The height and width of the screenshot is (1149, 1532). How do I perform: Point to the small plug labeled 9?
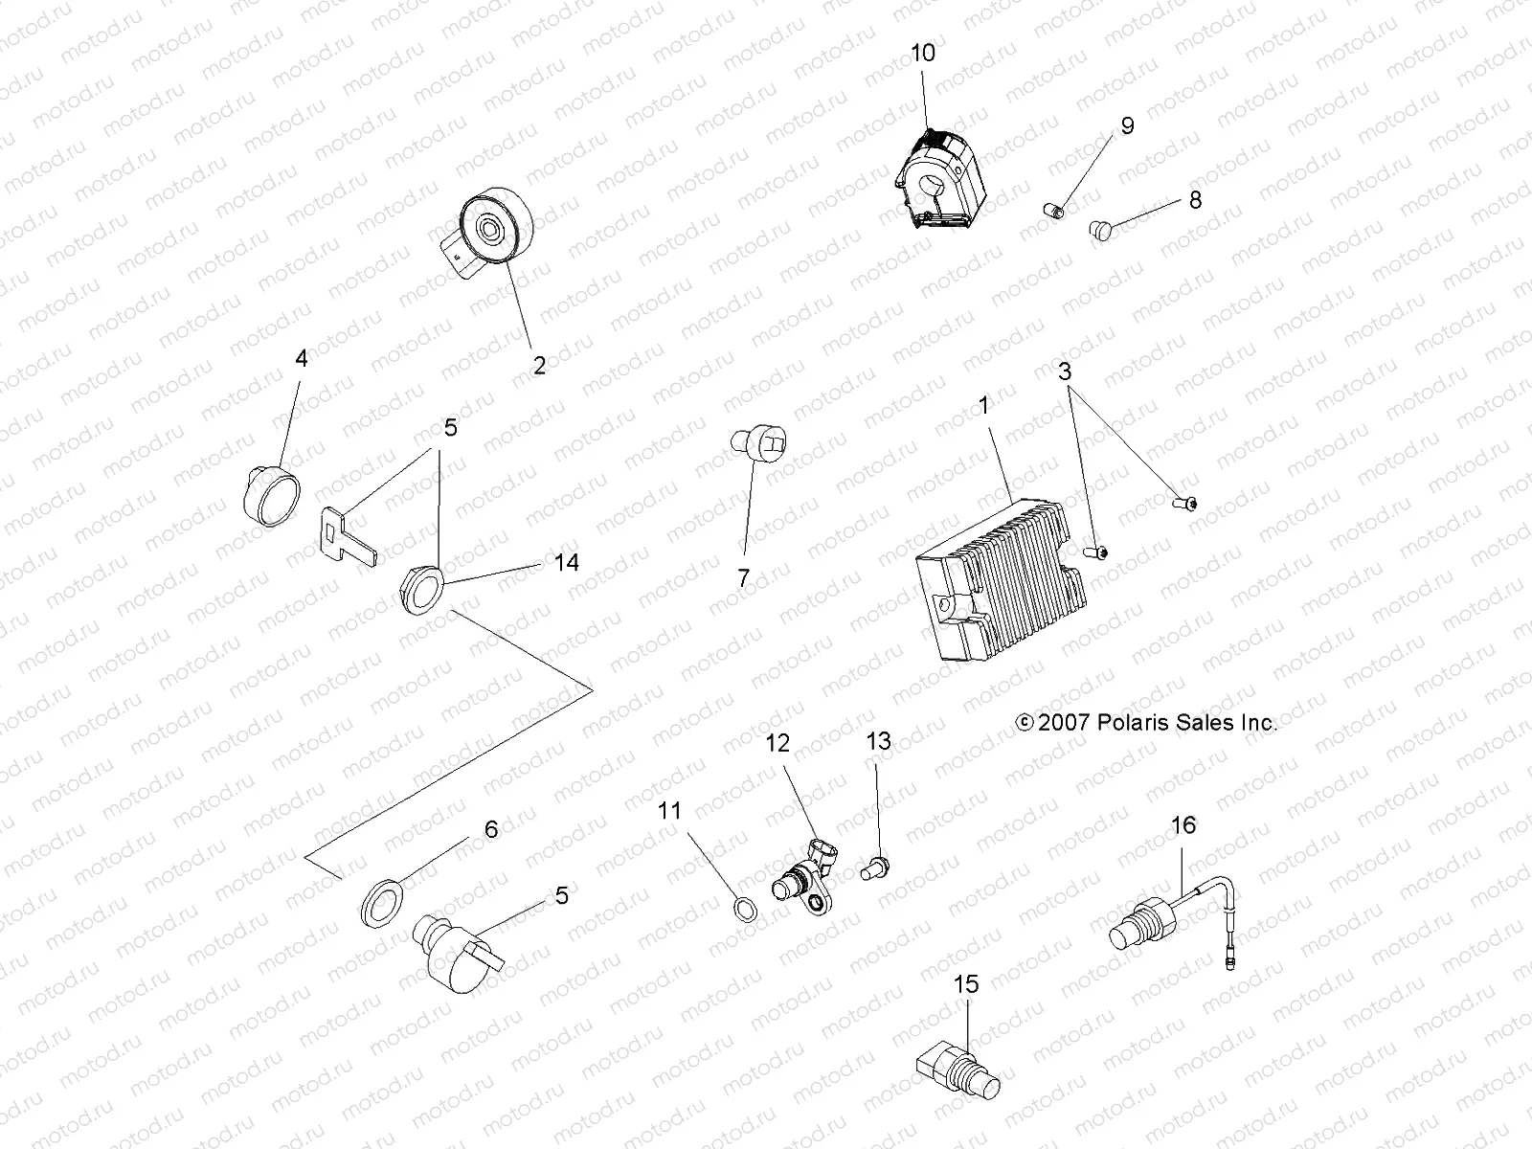[1053, 211]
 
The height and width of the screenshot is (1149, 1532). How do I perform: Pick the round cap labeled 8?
[1102, 230]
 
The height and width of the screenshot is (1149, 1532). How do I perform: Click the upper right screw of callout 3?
[1183, 501]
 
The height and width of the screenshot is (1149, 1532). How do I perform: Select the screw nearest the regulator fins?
[1097, 552]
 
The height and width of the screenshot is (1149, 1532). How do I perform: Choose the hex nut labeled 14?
[422, 585]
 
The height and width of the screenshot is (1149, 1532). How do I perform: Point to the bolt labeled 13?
[874, 869]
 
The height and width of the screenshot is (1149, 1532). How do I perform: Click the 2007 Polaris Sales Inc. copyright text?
[1146, 723]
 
